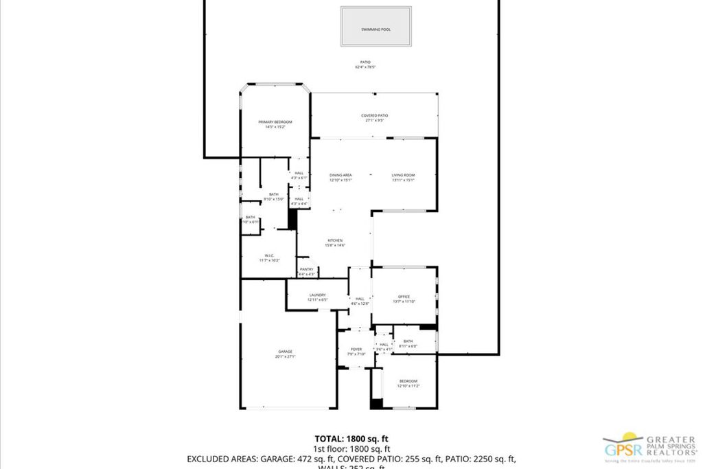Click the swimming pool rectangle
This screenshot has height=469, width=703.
point(376,27)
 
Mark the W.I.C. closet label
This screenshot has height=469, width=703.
point(269,258)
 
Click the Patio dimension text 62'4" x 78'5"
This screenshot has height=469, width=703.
point(365,67)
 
